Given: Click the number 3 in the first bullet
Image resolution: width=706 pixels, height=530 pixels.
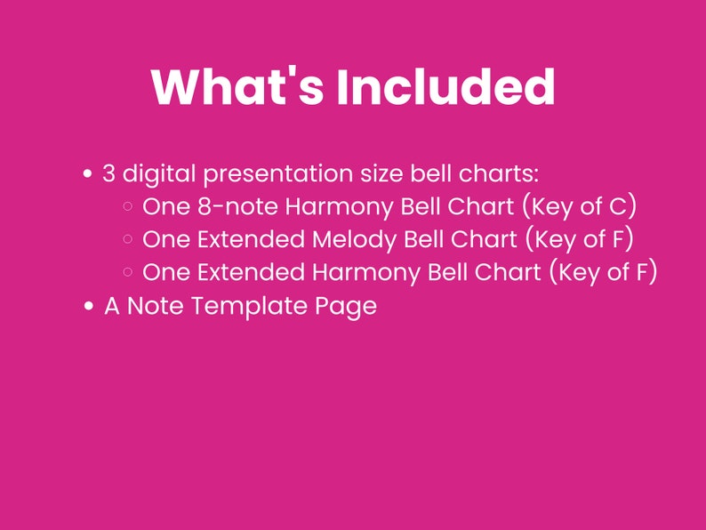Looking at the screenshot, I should tap(108, 173).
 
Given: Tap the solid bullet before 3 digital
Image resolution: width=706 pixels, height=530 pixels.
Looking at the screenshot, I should tap(88, 173).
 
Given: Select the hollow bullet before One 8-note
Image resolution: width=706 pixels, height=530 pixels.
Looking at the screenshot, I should tap(128, 207).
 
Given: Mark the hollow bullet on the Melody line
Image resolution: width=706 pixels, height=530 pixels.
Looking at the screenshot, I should tap(128, 240).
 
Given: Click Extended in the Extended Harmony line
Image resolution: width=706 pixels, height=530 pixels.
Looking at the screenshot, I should tap(248, 272).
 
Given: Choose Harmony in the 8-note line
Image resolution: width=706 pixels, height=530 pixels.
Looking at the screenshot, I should tap(334, 206).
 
